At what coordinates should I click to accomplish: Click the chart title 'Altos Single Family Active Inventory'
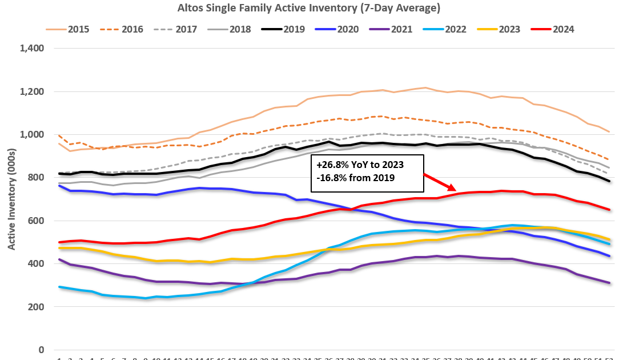click(309, 8)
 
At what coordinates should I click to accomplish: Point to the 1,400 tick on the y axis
click(32, 49)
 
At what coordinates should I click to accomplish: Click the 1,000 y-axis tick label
click(32, 135)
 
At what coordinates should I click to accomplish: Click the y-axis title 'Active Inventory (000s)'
click(11, 199)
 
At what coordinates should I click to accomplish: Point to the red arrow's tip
click(456, 189)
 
